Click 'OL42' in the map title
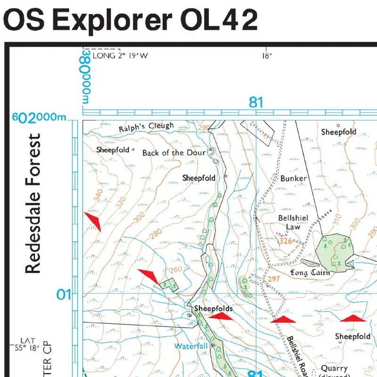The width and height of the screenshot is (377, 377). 218,20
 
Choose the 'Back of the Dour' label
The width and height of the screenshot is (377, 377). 174,153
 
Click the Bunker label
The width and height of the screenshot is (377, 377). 293,179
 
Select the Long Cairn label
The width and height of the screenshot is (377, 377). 310,272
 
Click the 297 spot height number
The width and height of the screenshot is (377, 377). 274,279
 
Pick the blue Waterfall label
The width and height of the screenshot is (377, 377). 191,346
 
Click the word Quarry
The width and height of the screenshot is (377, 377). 334,368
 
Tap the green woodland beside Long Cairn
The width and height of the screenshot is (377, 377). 332,250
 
